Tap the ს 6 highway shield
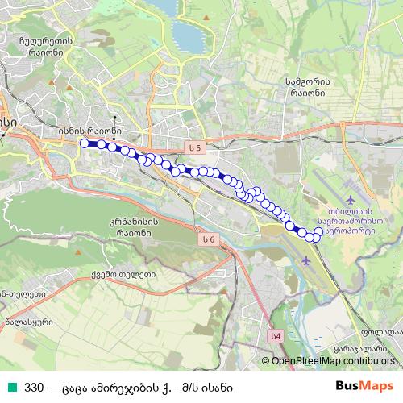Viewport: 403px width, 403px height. pos(210,239)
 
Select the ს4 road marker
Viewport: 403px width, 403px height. pos(276,336)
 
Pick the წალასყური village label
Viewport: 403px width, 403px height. pos(28,320)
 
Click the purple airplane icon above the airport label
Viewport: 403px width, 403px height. pos(350,198)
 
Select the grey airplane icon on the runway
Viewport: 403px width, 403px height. pos(305,261)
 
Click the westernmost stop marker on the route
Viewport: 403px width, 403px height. pos(84,143)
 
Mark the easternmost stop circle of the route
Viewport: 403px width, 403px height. pos(318,232)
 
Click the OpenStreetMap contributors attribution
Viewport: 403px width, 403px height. pos(333,361)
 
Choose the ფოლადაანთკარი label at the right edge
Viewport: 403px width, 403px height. pos(381,331)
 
